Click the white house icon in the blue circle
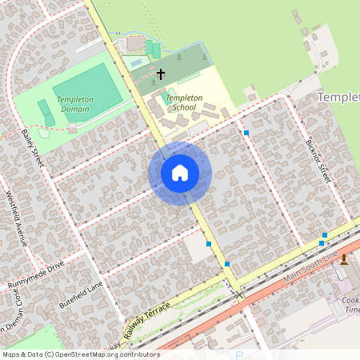(x=180, y=173)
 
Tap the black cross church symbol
(x=160, y=74)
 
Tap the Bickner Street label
(x=317, y=161)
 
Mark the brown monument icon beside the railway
(x=344, y=260)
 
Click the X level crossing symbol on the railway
(x=238, y=294)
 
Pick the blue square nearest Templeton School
(x=246, y=133)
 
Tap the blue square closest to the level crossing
(x=227, y=264)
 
